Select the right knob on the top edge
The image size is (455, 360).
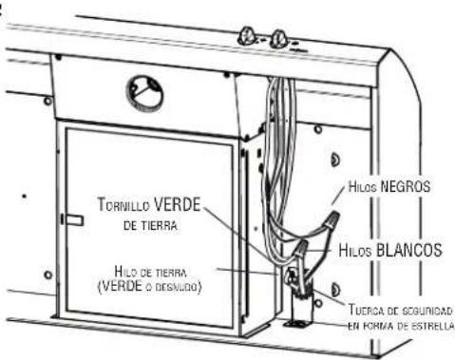(279, 40)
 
